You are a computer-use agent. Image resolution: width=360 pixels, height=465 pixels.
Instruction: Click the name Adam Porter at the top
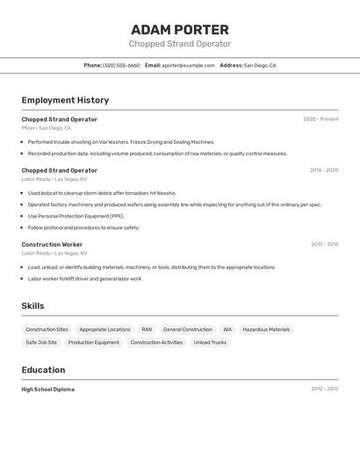point(180,30)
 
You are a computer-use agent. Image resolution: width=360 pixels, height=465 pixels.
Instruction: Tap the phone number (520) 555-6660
point(121,66)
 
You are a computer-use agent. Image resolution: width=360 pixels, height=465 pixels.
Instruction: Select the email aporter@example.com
point(188,66)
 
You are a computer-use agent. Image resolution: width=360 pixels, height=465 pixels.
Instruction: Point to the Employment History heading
point(65,101)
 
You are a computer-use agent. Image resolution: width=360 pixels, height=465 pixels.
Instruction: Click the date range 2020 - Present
point(320,119)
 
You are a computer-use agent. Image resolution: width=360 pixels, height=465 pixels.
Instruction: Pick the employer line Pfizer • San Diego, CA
point(47,128)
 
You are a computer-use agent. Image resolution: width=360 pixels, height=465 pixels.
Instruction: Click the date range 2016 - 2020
point(323,170)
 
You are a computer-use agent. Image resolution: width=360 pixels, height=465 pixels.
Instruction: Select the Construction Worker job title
point(52,245)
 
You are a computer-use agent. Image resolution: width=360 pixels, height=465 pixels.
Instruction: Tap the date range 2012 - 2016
point(324,245)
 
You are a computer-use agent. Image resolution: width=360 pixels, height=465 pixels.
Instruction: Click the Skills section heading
point(33,306)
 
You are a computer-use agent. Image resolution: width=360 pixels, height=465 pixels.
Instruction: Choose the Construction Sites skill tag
point(47,330)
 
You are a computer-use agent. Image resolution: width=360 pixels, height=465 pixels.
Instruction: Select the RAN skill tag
point(147,330)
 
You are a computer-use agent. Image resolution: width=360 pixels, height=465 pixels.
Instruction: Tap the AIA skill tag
point(227,330)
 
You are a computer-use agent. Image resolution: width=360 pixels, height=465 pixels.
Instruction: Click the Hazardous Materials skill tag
point(266,330)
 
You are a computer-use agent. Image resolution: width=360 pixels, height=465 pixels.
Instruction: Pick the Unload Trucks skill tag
point(210,343)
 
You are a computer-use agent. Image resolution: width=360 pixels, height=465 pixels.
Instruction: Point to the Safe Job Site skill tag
point(41,343)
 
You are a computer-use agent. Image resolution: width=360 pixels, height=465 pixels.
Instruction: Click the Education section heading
point(43,370)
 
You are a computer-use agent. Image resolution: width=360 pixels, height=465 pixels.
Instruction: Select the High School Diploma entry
point(48,390)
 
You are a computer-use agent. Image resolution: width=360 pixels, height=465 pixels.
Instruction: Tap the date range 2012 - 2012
point(324,390)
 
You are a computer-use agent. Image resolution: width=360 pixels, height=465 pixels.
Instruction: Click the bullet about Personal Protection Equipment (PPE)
point(76,216)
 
